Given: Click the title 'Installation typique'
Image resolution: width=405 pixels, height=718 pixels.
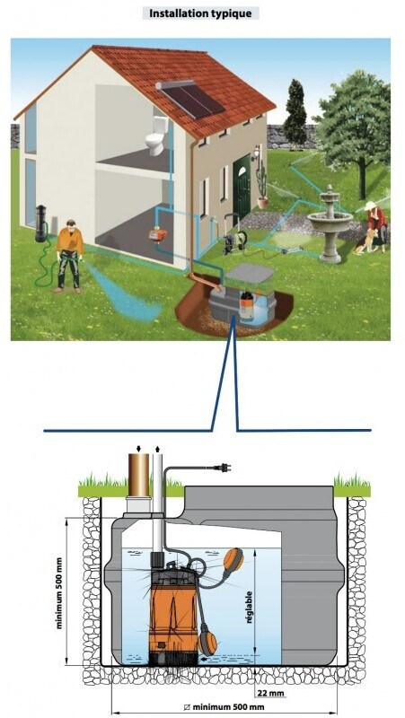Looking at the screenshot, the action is tap(200, 13).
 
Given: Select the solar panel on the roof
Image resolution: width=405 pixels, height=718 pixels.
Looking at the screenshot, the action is tap(190, 100).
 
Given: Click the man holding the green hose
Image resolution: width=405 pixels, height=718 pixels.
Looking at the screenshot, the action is tap(69, 257).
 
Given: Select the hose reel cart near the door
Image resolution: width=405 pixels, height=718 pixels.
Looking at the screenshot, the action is tap(234, 236).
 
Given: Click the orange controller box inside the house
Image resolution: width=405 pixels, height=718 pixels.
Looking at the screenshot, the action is tap(158, 235).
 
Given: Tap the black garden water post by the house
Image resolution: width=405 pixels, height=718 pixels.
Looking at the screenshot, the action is tap(40, 223).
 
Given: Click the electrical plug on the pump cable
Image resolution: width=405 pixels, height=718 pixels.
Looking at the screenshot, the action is tap(225, 468).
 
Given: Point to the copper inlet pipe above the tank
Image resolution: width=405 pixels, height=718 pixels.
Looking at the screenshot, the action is tap(138, 476).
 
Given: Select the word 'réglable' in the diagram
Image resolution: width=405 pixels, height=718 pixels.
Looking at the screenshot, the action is tap(250, 608).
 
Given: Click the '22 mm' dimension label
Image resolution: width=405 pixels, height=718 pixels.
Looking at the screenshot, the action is tap(268, 693).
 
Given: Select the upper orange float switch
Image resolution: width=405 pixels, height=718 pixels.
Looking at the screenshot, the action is tap(233, 559).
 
